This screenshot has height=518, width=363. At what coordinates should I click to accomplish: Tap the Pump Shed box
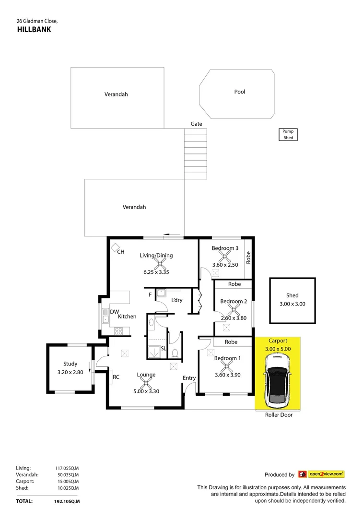point(288,134)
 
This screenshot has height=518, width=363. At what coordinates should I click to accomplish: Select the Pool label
point(240,92)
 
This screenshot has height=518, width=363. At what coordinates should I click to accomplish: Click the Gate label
point(197,124)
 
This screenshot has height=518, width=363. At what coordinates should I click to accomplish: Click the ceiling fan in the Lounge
point(145,383)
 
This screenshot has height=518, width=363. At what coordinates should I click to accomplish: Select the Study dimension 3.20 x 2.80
point(70,372)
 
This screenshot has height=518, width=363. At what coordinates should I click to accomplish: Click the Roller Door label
point(279,415)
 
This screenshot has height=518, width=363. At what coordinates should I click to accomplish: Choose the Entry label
point(189,378)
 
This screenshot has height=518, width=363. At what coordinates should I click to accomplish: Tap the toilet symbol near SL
point(175,353)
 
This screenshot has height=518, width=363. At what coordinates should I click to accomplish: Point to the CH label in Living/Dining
point(121,251)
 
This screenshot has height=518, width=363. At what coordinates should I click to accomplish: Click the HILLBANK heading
point(34,29)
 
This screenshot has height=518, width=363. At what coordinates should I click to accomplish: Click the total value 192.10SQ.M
point(67,501)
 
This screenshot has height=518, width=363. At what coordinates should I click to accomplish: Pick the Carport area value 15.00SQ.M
point(67,481)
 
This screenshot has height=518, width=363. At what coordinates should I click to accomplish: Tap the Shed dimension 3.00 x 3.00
point(293,304)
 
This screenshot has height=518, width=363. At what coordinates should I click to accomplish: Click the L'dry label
point(177,300)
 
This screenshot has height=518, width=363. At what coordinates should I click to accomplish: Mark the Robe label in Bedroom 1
point(231,342)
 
